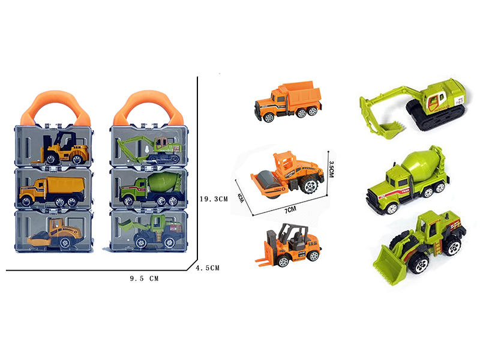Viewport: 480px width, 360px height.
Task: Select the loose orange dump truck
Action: [x=287, y=100]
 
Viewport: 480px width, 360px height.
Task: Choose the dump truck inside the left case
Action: [x=50, y=191]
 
